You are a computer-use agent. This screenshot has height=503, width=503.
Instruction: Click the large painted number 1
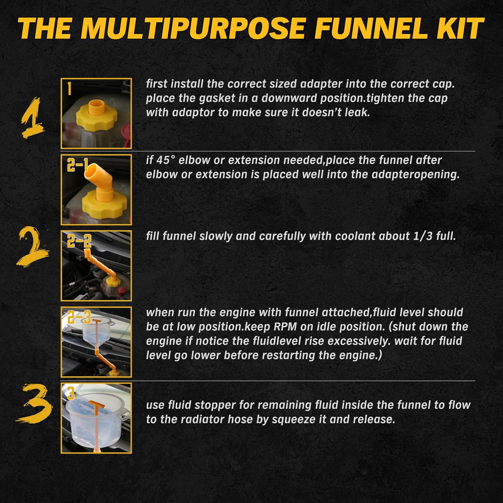[x=33, y=117]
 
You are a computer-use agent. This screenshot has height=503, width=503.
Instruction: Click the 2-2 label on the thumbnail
[x=79, y=241]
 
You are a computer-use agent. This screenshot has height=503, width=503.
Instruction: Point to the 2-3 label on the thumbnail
[x=79, y=317]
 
